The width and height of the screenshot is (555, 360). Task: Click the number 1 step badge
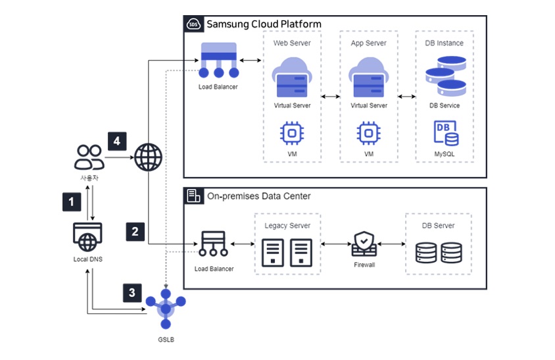71,201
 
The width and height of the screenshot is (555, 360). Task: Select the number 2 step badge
135,231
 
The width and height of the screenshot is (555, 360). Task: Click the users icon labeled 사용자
88,157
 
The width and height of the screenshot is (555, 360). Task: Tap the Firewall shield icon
364,244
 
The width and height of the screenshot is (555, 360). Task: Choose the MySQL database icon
445,133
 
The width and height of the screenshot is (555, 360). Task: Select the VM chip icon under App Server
369,133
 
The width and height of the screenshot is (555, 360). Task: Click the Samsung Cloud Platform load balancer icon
218,61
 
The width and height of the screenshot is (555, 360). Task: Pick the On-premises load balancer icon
214,245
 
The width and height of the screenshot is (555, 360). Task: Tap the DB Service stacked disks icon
445,75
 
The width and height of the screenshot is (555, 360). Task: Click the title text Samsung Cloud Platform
264,24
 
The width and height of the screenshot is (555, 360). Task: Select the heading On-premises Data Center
258,196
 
